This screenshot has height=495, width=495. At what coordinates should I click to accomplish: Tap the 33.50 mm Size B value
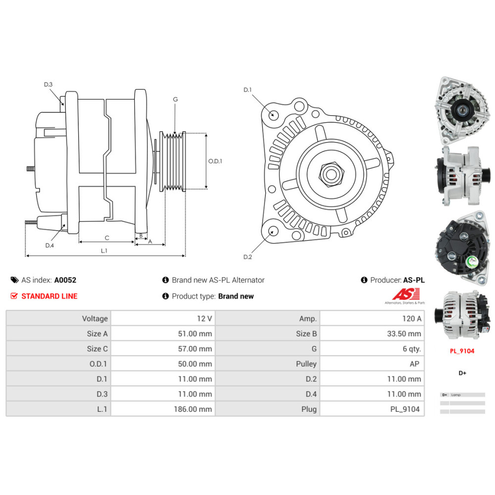(x=404, y=334)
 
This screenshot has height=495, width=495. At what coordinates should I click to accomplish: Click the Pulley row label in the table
(x=306, y=364)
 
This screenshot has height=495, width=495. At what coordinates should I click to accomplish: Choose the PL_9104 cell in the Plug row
(x=404, y=409)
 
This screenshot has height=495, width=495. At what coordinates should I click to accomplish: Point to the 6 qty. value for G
(x=411, y=349)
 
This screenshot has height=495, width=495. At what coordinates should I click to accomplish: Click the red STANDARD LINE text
(x=49, y=296)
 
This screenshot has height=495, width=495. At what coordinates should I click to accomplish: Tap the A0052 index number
(x=65, y=280)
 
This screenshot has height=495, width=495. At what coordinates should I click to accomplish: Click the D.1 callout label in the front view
(x=247, y=90)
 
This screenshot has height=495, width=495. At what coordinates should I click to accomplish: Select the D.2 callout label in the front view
(x=247, y=257)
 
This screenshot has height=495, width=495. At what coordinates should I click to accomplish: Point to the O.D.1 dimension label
(x=215, y=161)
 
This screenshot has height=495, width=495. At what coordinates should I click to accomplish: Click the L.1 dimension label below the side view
(x=104, y=250)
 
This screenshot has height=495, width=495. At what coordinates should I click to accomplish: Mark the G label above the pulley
(x=175, y=99)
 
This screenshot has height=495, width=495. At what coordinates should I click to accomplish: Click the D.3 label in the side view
(x=48, y=85)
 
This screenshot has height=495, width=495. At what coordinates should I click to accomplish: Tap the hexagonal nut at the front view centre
(x=330, y=174)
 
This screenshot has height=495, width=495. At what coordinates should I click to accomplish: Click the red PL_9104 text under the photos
(x=462, y=351)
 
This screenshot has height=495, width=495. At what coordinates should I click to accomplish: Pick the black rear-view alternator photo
(x=459, y=246)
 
